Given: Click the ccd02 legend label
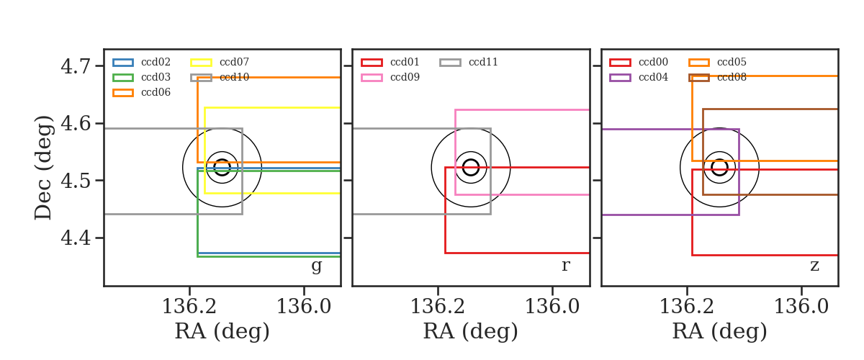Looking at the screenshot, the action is (x=156, y=62).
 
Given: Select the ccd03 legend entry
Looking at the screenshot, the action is (x=156, y=77).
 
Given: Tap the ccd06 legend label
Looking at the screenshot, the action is (x=156, y=92).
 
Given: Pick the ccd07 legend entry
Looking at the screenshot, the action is (x=234, y=62).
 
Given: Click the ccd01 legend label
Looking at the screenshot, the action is (x=405, y=62).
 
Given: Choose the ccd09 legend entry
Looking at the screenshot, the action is (x=405, y=77).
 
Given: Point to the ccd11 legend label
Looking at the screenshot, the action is (x=483, y=62).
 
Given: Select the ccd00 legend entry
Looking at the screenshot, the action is (x=653, y=62).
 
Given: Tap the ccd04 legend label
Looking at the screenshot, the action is (x=653, y=77).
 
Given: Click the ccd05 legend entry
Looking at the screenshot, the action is (x=732, y=62).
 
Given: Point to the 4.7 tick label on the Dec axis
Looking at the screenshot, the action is (x=76, y=66).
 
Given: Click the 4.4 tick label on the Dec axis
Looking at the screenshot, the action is (x=76, y=238).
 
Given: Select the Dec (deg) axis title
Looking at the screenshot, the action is (x=42, y=168).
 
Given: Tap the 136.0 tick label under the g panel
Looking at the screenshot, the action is (x=304, y=307).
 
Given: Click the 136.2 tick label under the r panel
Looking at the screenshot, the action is (x=438, y=307).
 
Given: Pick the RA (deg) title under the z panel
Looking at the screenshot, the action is (x=719, y=331).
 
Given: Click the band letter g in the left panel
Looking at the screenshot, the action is (x=316, y=266).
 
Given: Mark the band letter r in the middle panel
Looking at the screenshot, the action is (x=565, y=265).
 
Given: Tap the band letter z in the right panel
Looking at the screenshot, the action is (x=814, y=266).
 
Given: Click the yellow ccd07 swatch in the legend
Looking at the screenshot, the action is (x=201, y=63).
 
